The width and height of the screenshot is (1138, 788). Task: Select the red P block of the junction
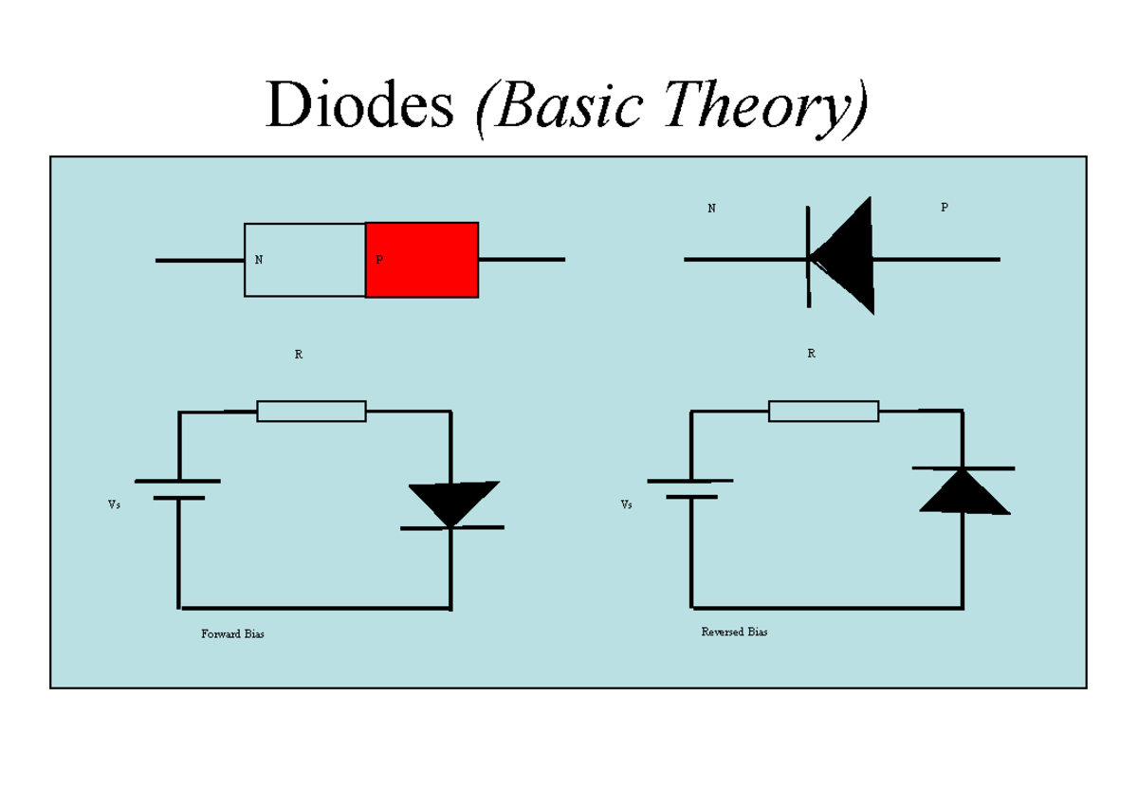[x=422, y=260]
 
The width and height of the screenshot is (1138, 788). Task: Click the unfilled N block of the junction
[x=305, y=260]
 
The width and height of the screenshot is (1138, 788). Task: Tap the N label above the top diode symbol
[x=711, y=208]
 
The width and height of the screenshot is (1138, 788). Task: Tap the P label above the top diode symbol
[x=944, y=208]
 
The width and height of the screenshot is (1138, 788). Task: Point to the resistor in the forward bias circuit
[x=312, y=412]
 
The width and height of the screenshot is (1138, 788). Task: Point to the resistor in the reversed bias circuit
[x=823, y=412]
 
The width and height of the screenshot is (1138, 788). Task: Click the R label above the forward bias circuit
[x=299, y=354]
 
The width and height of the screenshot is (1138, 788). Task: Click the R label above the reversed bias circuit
[x=811, y=354]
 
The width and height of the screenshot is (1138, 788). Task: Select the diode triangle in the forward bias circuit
[x=451, y=501]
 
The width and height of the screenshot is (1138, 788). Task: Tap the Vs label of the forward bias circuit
[x=114, y=505]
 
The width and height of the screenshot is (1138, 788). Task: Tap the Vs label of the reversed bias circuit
[x=626, y=505]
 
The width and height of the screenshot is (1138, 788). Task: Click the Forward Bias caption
[x=232, y=633]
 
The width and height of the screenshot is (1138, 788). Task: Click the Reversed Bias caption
[x=734, y=632]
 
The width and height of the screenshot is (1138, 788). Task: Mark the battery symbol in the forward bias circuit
[x=177, y=489]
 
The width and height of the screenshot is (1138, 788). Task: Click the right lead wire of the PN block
[x=522, y=259]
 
